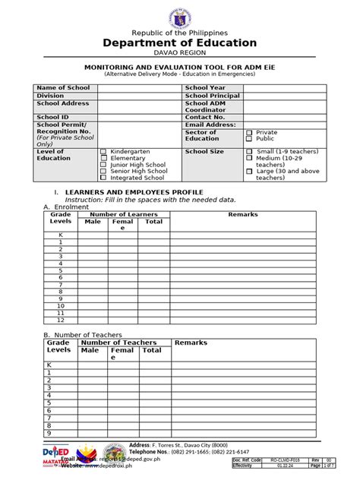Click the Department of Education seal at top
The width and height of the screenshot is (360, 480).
tap(180, 14)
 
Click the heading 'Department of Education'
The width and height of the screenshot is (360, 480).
tap(180, 43)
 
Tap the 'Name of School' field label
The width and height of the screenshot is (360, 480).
tap(63, 88)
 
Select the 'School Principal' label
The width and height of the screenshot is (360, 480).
tap(213, 96)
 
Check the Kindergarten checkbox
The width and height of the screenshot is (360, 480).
tap(104, 152)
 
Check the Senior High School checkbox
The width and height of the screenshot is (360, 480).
tap(104, 172)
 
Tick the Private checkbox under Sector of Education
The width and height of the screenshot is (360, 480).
tap(249, 132)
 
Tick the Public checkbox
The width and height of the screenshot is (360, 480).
tap(249, 139)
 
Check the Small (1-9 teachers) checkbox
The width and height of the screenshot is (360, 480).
tap(249, 152)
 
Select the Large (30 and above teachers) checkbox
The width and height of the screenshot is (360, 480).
tap(249, 172)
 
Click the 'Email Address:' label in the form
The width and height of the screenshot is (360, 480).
tap(210, 125)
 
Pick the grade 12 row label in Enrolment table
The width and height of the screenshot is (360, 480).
tap(60, 320)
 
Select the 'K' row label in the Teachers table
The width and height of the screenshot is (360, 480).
tap(49, 365)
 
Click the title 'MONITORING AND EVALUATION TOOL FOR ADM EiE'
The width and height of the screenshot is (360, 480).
tap(180, 68)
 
